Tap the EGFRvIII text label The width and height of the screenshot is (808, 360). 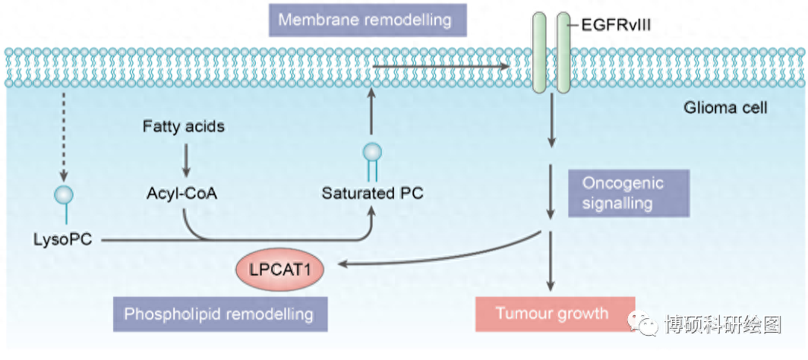point(615,26)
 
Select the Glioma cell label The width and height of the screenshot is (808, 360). point(725,108)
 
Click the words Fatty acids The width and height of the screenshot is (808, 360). point(184,126)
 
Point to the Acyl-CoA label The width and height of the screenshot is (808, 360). point(182,193)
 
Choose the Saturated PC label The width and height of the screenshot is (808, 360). point(372,193)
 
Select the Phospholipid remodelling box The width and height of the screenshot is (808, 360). point(219,313)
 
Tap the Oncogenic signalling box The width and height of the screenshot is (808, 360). point(627,193)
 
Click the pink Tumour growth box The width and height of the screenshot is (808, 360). point(552,313)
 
